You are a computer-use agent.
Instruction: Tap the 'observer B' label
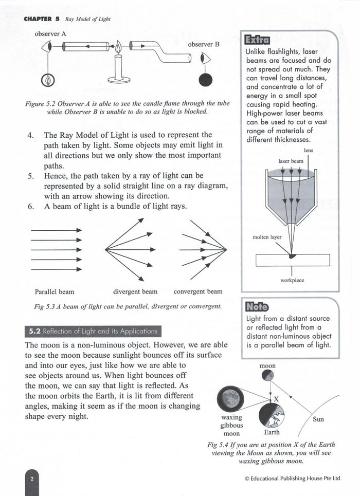point(204,44)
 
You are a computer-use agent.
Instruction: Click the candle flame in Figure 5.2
point(118,48)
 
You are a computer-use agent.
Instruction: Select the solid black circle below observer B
point(205,80)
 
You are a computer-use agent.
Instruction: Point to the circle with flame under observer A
point(48,80)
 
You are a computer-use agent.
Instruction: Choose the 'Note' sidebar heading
point(257,307)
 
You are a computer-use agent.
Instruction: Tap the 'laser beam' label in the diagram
point(291,161)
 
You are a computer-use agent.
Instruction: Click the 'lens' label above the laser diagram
point(308,151)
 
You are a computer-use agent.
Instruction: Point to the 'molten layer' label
point(267,237)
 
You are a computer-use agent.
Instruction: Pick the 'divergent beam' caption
point(135,292)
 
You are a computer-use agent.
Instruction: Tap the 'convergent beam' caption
point(198,292)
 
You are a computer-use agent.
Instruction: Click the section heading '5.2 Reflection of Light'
point(93,331)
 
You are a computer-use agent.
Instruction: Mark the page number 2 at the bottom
point(31,479)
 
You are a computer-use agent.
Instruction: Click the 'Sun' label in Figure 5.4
point(318,419)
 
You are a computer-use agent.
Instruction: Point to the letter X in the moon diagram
point(276,399)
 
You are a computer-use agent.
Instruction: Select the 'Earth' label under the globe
point(272,432)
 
